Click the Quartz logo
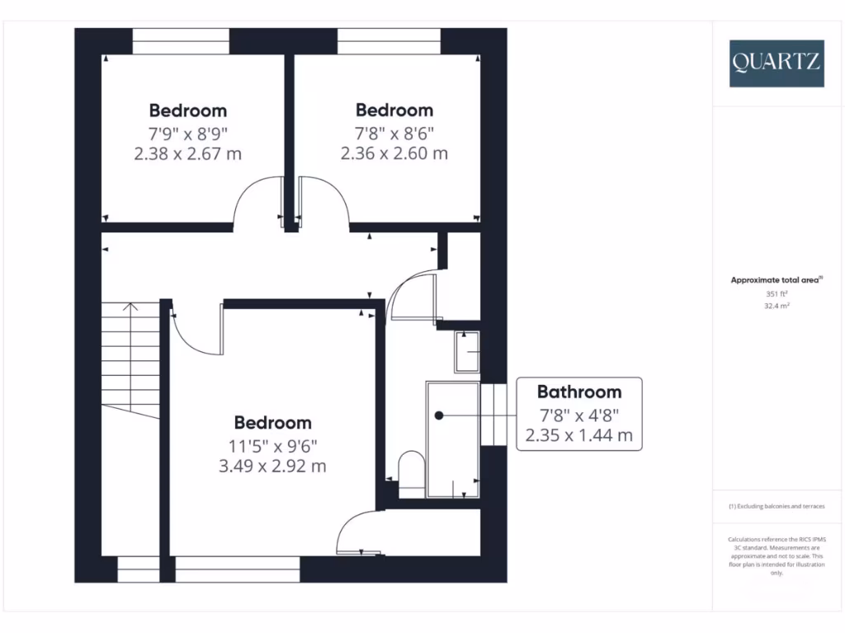click(x=776, y=63)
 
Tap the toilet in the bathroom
click(x=410, y=471)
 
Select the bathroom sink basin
click(x=467, y=352)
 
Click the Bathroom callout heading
click(x=578, y=392)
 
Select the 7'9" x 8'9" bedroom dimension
click(x=187, y=132)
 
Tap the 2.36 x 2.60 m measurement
click(x=394, y=153)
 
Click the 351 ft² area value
click(x=776, y=293)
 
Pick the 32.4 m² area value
click(x=776, y=306)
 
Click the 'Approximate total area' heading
click(x=776, y=280)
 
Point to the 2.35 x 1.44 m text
click(x=578, y=435)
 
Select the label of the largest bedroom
click(x=273, y=423)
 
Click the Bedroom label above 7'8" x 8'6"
click(x=394, y=110)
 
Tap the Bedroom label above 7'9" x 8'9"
click(x=187, y=110)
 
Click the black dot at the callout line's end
click(x=439, y=415)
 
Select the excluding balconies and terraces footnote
click(x=776, y=506)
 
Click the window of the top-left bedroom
click(x=181, y=41)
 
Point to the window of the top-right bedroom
click(x=389, y=41)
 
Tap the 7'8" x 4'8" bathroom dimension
click(x=578, y=415)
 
